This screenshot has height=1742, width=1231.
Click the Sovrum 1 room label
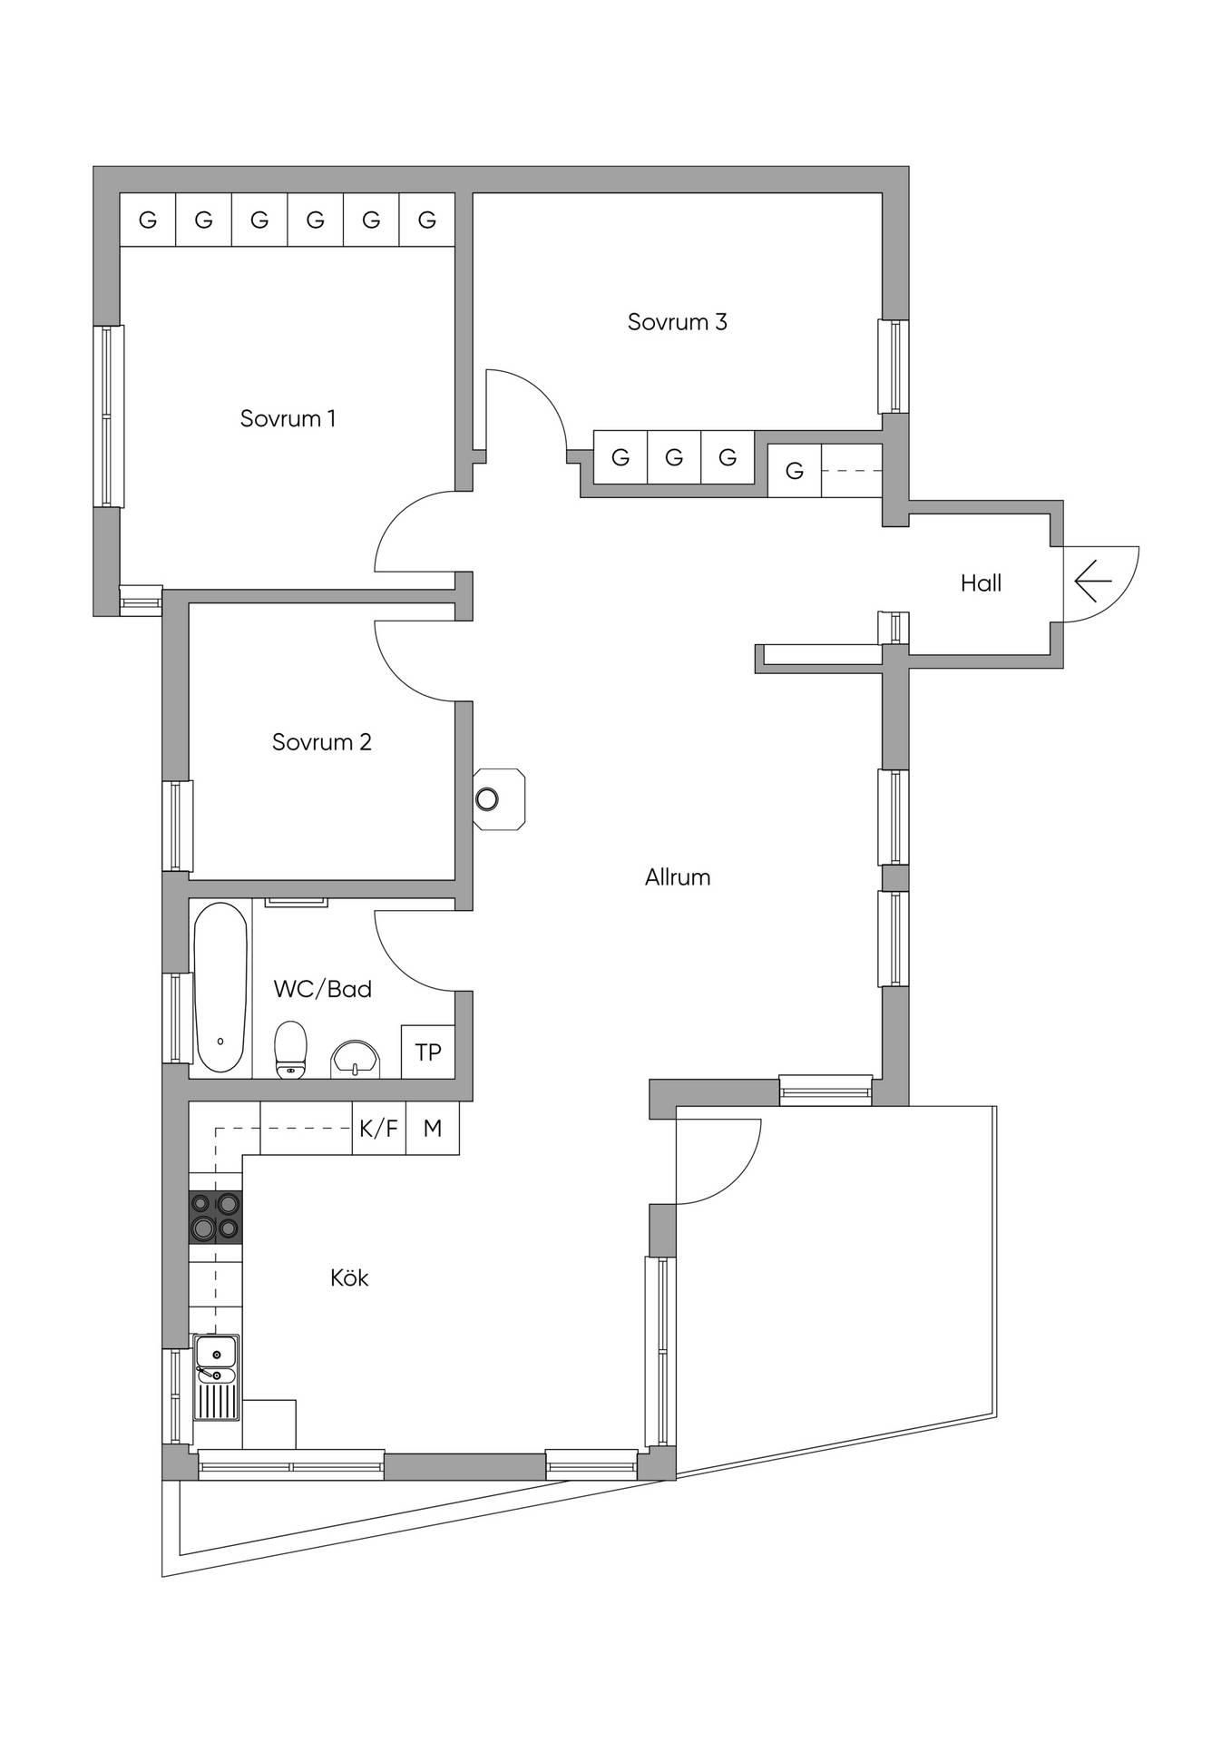point(288,418)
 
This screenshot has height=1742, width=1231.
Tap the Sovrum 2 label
point(322,742)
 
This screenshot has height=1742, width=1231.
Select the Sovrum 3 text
point(678,322)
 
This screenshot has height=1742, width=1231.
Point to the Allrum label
point(678,877)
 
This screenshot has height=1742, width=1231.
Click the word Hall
point(981,583)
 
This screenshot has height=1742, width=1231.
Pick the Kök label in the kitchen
point(349,1277)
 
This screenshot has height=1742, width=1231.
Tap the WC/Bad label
point(323,989)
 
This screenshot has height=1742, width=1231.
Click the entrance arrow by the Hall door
point(1093,581)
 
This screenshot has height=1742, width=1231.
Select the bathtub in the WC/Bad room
point(220,987)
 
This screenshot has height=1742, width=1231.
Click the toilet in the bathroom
point(290,1050)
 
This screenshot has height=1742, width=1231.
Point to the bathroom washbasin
point(356,1058)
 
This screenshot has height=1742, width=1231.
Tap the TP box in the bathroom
point(428,1052)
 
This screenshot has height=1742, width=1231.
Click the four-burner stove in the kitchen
point(216,1217)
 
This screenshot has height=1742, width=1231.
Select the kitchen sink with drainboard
point(217,1377)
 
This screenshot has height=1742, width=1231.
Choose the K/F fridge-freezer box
point(378,1128)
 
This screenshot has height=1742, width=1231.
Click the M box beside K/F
point(433,1128)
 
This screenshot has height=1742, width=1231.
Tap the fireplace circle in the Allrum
point(487,799)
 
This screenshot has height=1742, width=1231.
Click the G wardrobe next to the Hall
point(795,471)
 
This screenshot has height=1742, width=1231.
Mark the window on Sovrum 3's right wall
point(894,367)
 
